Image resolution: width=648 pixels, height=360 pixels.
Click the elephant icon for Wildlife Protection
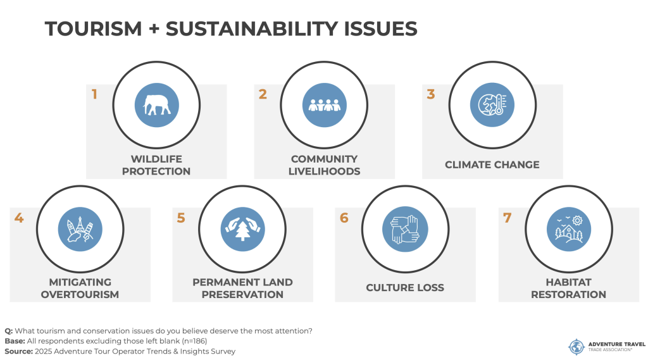tap(157, 105)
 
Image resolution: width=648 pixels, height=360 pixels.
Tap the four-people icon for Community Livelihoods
tap(324, 105)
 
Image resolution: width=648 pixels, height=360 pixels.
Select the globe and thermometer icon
tap(492, 105)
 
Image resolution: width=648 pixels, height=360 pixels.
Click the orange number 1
tap(94, 94)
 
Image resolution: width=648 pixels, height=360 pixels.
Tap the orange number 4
tap(19, 218)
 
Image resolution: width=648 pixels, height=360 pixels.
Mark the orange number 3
tap(431, 94)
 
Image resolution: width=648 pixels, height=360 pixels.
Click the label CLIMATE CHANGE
tap(492, 164)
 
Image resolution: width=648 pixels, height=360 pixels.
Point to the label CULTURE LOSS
tap(405, 288)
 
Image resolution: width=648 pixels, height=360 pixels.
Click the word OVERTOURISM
tap(80, 294)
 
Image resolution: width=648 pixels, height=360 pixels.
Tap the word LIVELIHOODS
tap(324, 171)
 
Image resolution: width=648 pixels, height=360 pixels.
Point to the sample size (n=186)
tap(194, 341)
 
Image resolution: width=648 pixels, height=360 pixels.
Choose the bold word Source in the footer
tap(18, 351)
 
